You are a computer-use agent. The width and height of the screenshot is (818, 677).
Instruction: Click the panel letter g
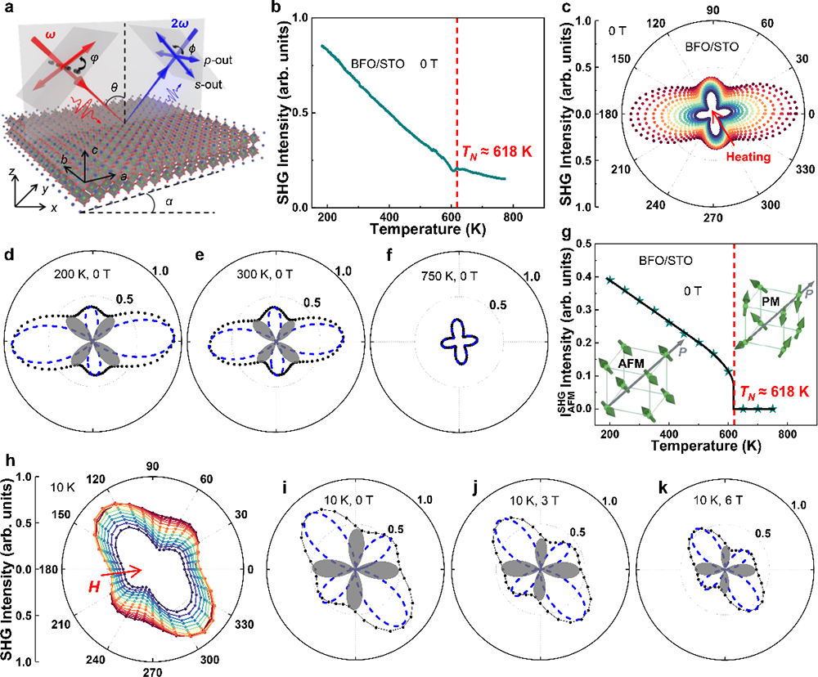pos(558,235)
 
